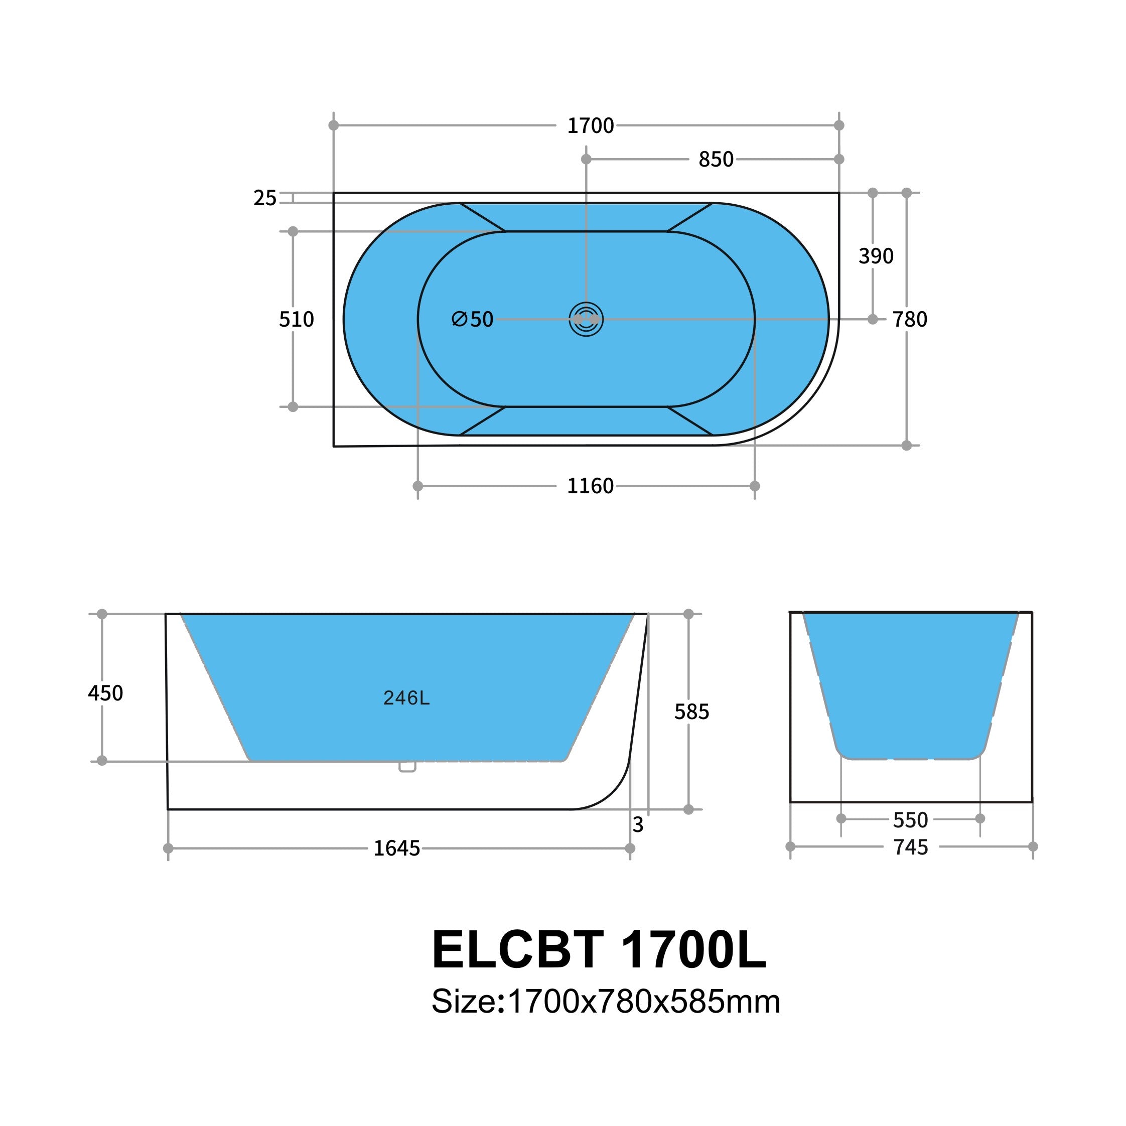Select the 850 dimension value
(715, 160)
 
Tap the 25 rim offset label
(264, 198)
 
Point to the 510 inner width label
(296, 319)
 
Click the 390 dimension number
(876, 256)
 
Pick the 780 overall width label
(909, 319)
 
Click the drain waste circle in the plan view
(586, 319)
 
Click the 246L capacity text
(406, 697)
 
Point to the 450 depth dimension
(105, 693)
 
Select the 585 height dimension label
(691, 712)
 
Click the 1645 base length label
(396, 849)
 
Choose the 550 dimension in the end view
(910, 820)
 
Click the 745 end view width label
(910, 847)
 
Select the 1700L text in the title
(693, 949)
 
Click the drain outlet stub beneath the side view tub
(407, 767)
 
